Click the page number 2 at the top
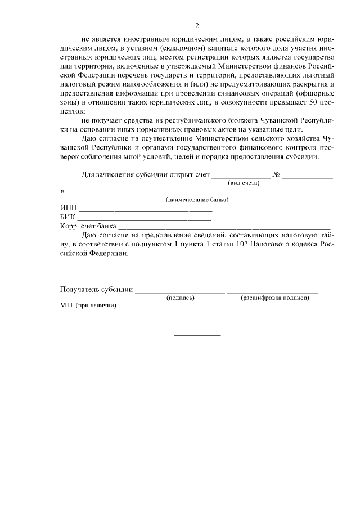pyautogui.click(x=197, y=26)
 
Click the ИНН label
pyautogui.click(x=67, y=208)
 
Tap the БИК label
pyautogui.click(x=67, y=217)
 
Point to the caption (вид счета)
pyautogui.click(x=244, y=183)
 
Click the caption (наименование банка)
pyautogui.click(x=196, y=200)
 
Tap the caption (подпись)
pyautogui.click(x=181, y=298)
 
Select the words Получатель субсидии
pyautogui.click(x=96, y=290)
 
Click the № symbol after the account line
pyautogui.click(x=276, y=175)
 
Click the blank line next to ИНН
pyautogui.click(x=144, y=210)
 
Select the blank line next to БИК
pyautogui.click(x=144, y=219)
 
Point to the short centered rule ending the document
pyautogui.click(x=197, y=335)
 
